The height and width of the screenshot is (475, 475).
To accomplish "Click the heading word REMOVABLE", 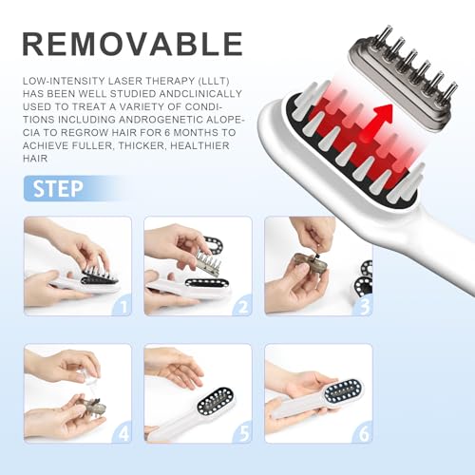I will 132,43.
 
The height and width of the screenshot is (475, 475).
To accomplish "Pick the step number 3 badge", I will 363,306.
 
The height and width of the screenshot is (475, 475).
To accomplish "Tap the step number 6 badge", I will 363,433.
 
